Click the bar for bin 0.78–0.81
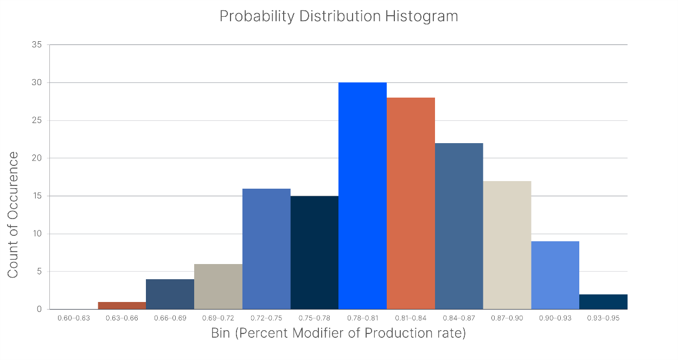(x=362, y=196)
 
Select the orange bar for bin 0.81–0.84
(x=411, y=203)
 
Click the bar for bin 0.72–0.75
(x=266, y=249)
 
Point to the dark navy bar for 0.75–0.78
(x=315, y=253)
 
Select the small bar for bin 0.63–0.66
(x=122, y=306)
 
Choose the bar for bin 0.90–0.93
(x=555, y=275)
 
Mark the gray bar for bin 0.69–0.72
(x=218, y=287)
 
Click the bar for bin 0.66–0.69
(x=170, y=294)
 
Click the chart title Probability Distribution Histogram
(x=338, y=16)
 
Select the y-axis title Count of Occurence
(x=13, y=215)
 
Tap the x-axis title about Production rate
(x=338, y=333)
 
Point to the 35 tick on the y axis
(x=37, y=45)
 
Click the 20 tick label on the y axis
(x=37, y=158)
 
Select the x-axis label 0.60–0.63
(x=74, y=318)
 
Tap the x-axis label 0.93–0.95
(x=603, y=318)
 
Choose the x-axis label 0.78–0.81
(x=362, y=318)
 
